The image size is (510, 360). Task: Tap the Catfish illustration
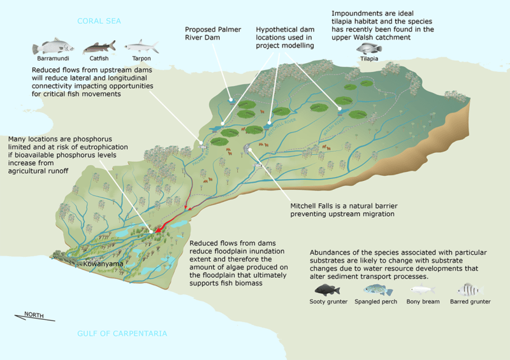[98, 47]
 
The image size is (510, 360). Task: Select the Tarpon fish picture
[141, 46]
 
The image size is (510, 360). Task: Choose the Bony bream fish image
[423, 290]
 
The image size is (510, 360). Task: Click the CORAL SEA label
[99, 21]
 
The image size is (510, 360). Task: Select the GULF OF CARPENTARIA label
[122, 333]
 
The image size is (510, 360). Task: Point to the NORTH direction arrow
[34, 315]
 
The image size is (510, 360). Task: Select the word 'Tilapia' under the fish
[369, 59]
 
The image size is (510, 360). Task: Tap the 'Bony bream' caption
[423, 301]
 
